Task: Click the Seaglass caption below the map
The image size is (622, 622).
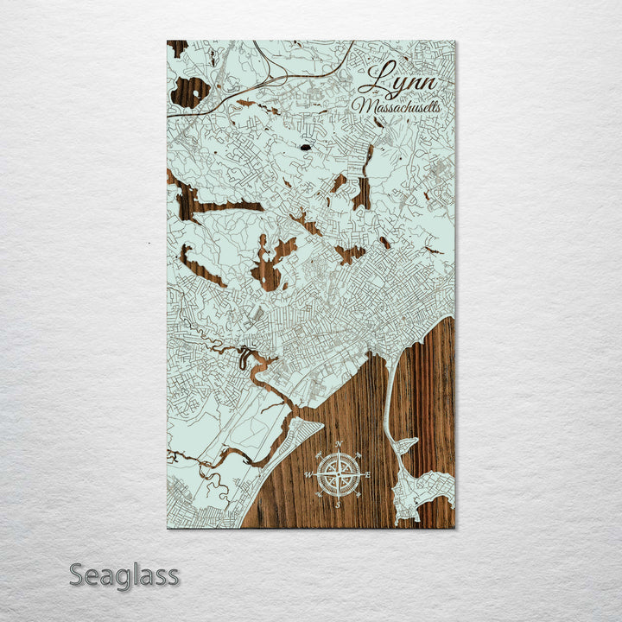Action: point(124,574)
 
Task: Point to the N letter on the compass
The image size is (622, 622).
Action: point(338,445)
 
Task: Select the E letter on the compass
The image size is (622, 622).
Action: point(367,475)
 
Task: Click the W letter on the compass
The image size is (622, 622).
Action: point(309,474)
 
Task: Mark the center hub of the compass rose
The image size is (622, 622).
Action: point(338,473)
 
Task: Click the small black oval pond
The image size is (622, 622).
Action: point(305,148)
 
